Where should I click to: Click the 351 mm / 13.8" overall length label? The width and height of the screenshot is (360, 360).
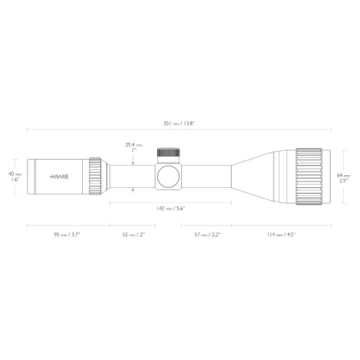coord(179,123)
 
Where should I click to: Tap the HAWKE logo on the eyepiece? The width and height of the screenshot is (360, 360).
coord(59,177)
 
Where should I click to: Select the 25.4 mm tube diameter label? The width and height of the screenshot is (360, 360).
coord(133,145)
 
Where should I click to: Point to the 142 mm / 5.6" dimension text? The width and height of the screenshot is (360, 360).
coord(170,208)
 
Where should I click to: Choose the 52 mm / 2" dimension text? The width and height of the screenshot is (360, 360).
coord(133,235)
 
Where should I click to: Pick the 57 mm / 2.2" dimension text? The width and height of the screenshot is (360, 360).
coord(206,235)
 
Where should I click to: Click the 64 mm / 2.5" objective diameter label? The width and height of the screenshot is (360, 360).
coord(342,177)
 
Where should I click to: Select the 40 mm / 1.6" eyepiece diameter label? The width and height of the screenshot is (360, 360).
coord(15,176)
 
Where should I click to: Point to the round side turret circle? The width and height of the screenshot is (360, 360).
coord(168,176)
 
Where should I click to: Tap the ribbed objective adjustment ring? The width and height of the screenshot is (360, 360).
coord(309,176)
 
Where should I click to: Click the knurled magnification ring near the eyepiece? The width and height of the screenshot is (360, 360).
coord(95,176)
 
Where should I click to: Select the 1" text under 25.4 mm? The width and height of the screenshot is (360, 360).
coord(133,151)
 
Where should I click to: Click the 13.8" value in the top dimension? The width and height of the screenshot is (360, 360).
coord(188,123)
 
